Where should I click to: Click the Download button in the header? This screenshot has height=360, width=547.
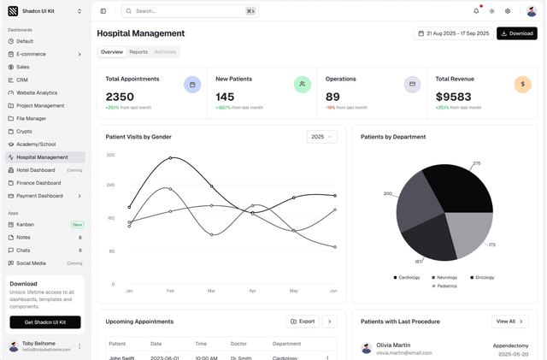516,33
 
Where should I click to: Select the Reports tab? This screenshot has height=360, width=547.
138,52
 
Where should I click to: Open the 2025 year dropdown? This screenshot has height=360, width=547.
321,137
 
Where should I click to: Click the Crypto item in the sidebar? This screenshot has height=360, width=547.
24,132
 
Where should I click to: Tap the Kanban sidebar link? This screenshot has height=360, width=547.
26,224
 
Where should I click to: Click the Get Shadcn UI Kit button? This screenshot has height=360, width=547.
45,322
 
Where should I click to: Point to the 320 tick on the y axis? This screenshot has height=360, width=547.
110,155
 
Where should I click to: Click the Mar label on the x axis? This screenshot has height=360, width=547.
211,291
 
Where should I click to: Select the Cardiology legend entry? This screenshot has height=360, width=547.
407,277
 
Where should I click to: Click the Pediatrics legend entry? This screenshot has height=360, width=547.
444,286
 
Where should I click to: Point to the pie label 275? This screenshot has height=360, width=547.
476,163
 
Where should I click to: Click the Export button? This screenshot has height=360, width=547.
303,322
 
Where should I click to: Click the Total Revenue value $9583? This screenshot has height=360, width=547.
453,97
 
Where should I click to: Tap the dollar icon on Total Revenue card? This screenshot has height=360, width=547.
522,85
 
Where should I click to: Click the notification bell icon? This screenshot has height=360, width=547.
476,11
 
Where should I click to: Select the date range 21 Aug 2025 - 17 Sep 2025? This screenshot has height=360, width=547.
452,33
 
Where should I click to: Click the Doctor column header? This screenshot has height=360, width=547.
240,344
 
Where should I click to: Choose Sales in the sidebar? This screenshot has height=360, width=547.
23,67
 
